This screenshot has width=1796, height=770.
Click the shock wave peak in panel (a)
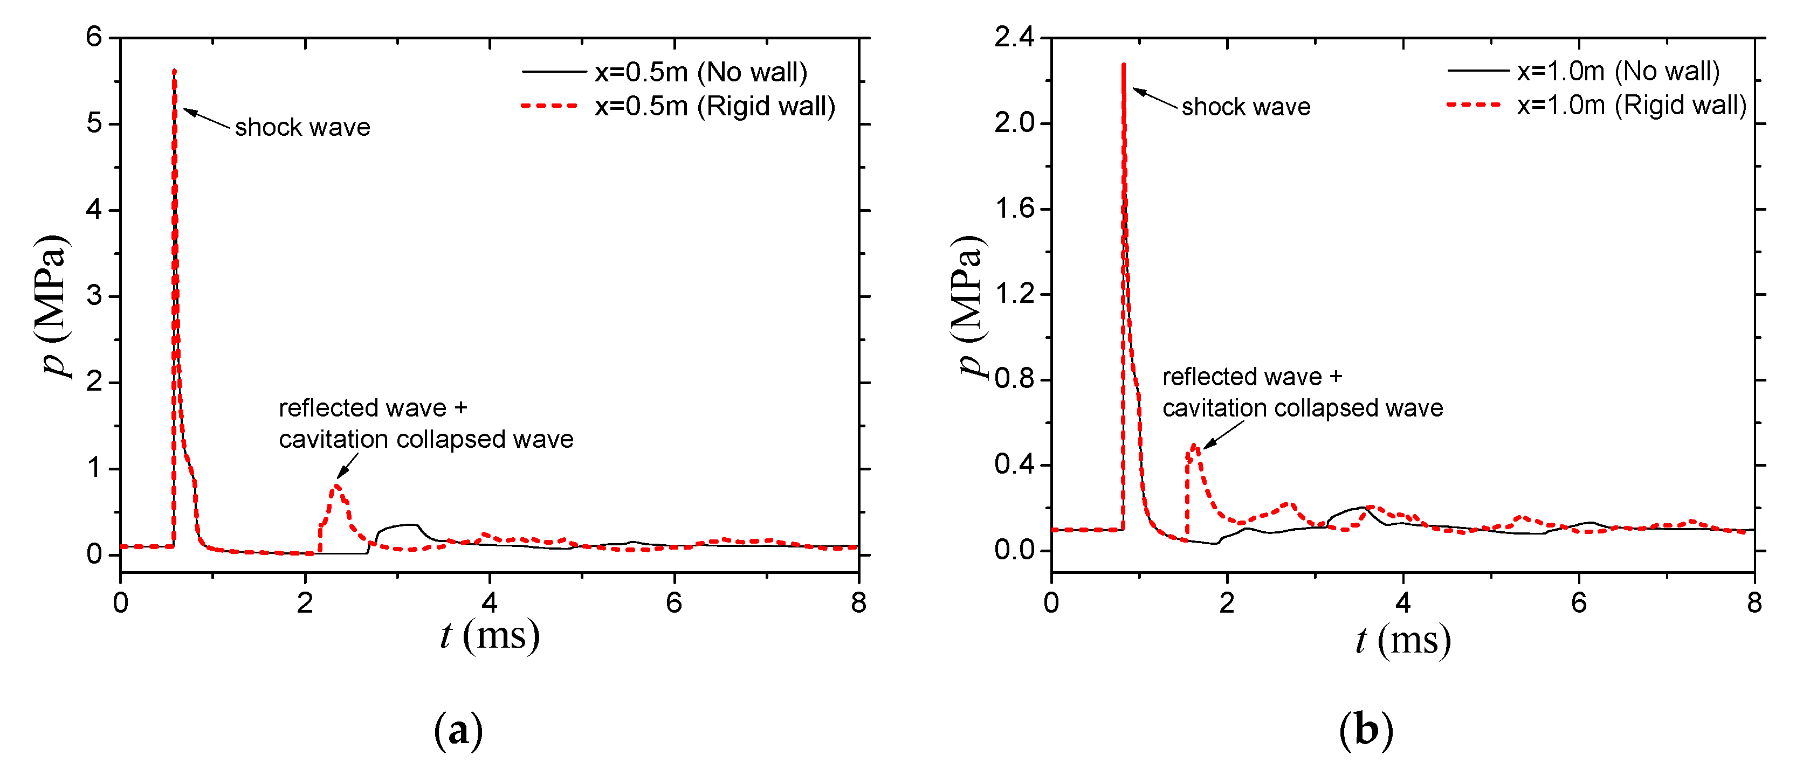pyautogui.click(x=174, y=71)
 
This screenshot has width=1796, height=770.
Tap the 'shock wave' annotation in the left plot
pyautogui.click(x=302, y=128)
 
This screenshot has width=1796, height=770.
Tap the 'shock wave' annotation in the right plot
pyautogui.click(x=1245, y=107)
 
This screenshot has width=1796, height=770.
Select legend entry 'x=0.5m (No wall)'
pyautogui.click(x=700, y=72)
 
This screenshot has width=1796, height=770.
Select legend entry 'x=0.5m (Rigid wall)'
pyautogui.click(x=714, y=106)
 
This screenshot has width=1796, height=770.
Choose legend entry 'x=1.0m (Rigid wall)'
pyautogui.click(x=1631, y=105)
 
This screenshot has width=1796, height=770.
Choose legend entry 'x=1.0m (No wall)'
pyautogui.click(x=1618, y=71)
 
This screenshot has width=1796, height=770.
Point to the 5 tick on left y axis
pyautogui.click(x=94, y=124)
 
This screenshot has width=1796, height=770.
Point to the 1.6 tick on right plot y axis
pyautogui.click(x=1014, y=209)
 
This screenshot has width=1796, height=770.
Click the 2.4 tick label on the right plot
pyautogui.click(x=1014, y=37)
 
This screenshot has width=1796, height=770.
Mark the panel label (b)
pyautogui.click(x=1365, y=730)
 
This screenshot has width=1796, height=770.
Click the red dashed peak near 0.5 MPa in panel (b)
pyautogui.click(x=1194, y=445)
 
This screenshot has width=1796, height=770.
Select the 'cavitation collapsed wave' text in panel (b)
pyautogui.click(x=1302, y=408)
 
